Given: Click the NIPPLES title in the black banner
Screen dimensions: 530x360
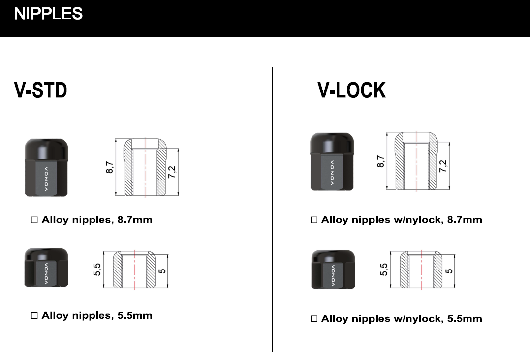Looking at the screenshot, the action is [48, 14].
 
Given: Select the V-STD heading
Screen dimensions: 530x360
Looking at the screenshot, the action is [40, 90].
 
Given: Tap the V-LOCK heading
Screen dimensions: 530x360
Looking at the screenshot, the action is [351, 90].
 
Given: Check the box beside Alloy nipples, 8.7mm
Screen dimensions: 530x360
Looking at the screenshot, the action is [34, 220].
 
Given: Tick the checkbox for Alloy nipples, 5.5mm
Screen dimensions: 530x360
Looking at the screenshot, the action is [34, 315].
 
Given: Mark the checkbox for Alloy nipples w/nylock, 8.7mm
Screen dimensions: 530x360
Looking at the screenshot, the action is [313, 220].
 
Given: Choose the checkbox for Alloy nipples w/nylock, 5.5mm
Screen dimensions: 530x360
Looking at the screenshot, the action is [313, 319].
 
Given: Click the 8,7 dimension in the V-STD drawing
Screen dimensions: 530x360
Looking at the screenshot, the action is [110, 167].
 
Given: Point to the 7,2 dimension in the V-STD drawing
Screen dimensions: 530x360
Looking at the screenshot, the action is [172, 172].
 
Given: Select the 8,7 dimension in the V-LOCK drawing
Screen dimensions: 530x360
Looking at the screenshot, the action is [380, 161].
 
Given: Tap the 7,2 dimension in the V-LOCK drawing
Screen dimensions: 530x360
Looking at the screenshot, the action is [443, 166].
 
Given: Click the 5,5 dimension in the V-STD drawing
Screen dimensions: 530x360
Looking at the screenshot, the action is [97, 270].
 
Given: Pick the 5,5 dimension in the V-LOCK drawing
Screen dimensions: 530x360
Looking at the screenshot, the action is [384, 270].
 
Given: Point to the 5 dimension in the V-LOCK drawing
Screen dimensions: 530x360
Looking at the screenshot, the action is [449, 271].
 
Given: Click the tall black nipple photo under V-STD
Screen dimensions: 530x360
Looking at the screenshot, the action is [46, 168].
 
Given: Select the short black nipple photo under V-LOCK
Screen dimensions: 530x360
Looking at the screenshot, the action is [333, 270].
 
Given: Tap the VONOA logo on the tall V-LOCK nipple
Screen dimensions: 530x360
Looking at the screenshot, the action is [332, 173].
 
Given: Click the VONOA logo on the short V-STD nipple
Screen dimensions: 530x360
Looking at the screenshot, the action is [46, 273].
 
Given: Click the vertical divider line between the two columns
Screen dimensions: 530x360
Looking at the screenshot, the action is [272, 210].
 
